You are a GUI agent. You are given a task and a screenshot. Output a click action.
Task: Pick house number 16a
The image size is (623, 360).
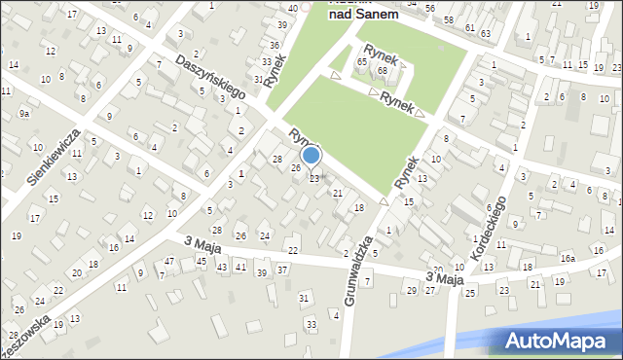tap(567, 259)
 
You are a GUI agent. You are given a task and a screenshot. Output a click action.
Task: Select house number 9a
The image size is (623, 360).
tap(24, 114)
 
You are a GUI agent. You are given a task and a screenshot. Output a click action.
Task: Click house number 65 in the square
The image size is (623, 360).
tap(361, 62)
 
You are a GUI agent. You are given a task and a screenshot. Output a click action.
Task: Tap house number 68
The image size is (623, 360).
tap(383, 70)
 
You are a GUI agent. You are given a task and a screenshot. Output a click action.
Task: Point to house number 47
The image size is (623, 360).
tap(169, 262)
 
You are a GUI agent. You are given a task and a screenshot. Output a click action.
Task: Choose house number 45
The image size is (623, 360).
tap(201, 261)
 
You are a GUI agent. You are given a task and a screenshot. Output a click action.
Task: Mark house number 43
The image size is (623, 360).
tap(222, 267)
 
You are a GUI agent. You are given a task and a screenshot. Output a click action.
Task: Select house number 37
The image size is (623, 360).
tap(282, 270)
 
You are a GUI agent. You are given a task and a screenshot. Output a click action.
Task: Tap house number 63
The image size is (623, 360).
tap(486, 33)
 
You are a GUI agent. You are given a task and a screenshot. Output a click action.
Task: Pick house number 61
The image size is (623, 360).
tap(469, 28)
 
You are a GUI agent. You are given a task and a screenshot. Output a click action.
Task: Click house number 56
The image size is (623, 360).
tap(429, 8)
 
